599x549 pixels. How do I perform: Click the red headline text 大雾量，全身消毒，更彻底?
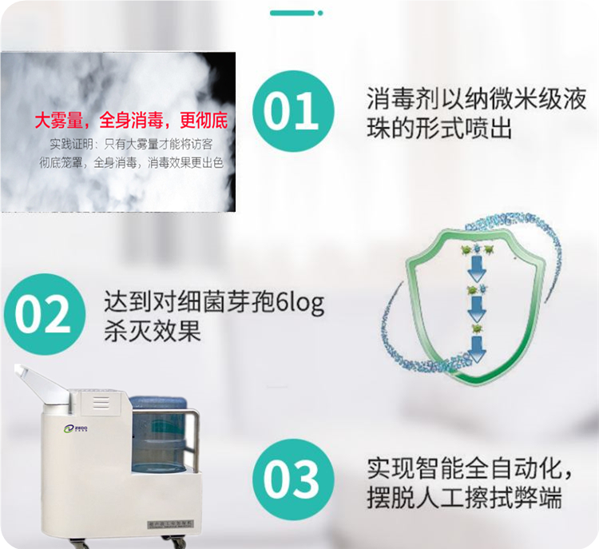(131, 121)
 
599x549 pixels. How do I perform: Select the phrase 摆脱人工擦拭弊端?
(464, 497)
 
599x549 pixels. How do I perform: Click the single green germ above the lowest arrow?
(477, 326)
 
